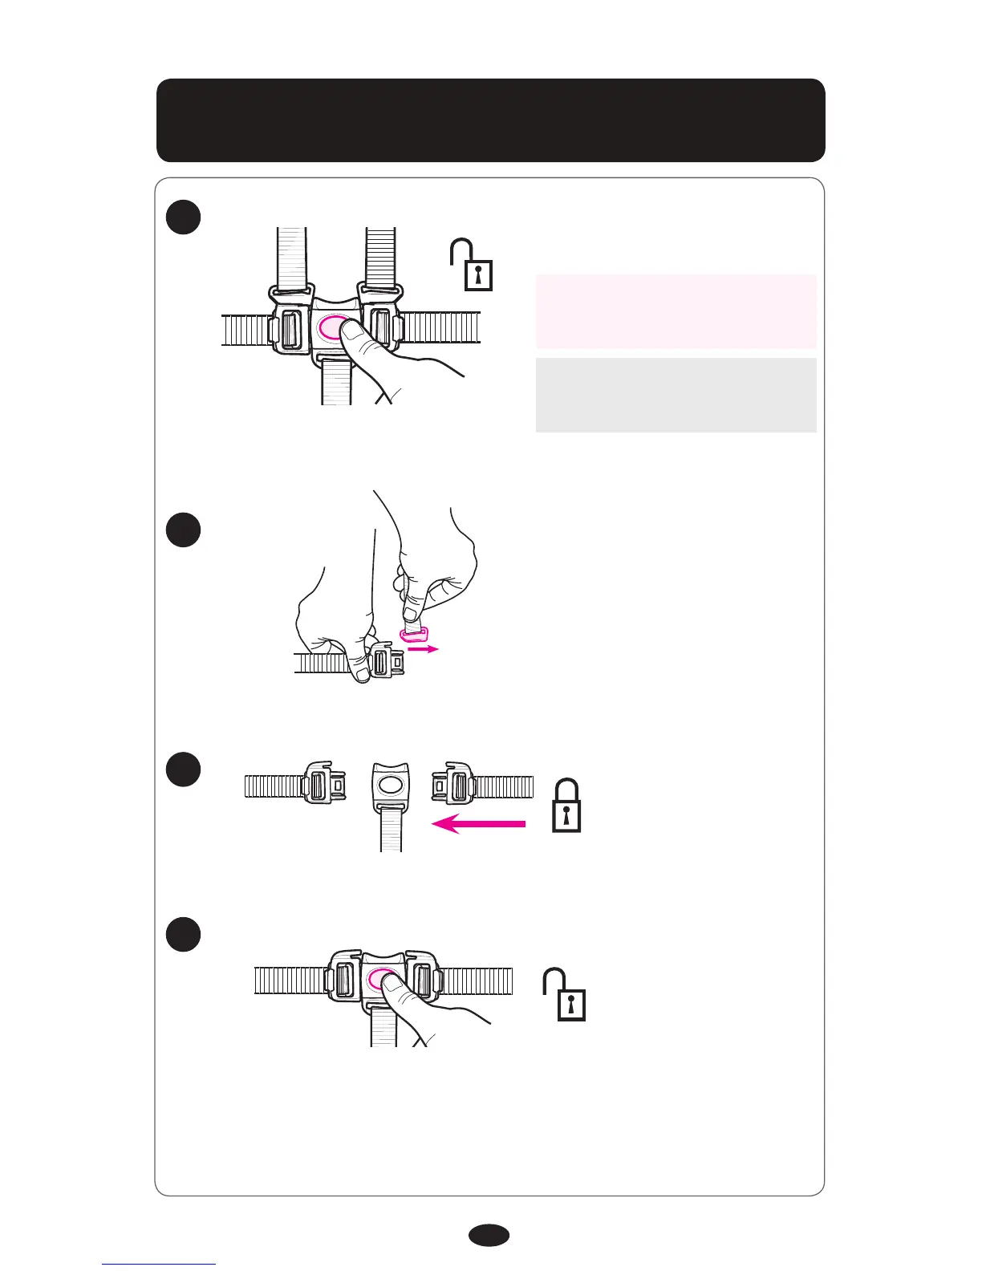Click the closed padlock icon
pos(566,806)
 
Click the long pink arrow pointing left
pos(479,823)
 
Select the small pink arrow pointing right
pos(423,649)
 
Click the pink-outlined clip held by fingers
pos(413,635)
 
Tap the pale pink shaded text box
pos(676,311)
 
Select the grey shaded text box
pos(676,395)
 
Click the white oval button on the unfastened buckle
pos(391,786)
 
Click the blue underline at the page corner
pos(159,1264)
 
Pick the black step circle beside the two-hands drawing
pos(184,530)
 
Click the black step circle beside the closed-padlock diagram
pos(184,769)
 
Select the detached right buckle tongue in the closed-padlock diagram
pos(454,786)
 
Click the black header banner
pos(490,120)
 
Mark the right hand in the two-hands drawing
pos(433,562)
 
